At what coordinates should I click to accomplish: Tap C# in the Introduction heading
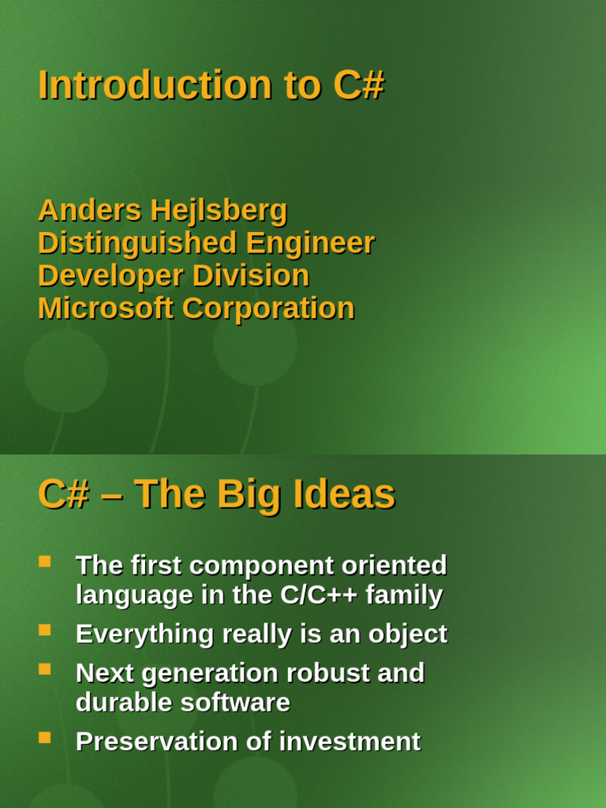(358, 85)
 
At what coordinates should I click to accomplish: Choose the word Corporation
(268, 309)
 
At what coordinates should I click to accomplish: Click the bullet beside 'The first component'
(45, 562)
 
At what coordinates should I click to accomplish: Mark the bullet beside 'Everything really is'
(45, 630)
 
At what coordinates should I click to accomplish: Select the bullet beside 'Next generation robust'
(45, 669)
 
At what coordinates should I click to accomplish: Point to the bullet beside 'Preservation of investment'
(45, 738)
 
